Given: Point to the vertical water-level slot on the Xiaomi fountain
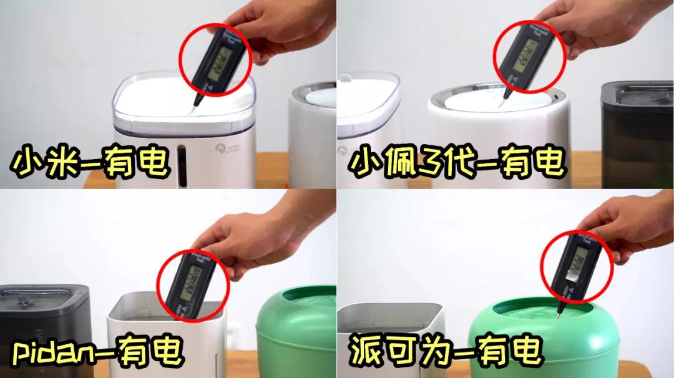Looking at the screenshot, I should click(182, 165).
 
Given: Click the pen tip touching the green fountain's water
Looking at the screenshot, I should click(558, 315).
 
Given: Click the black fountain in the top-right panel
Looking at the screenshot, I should click(637, 134).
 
